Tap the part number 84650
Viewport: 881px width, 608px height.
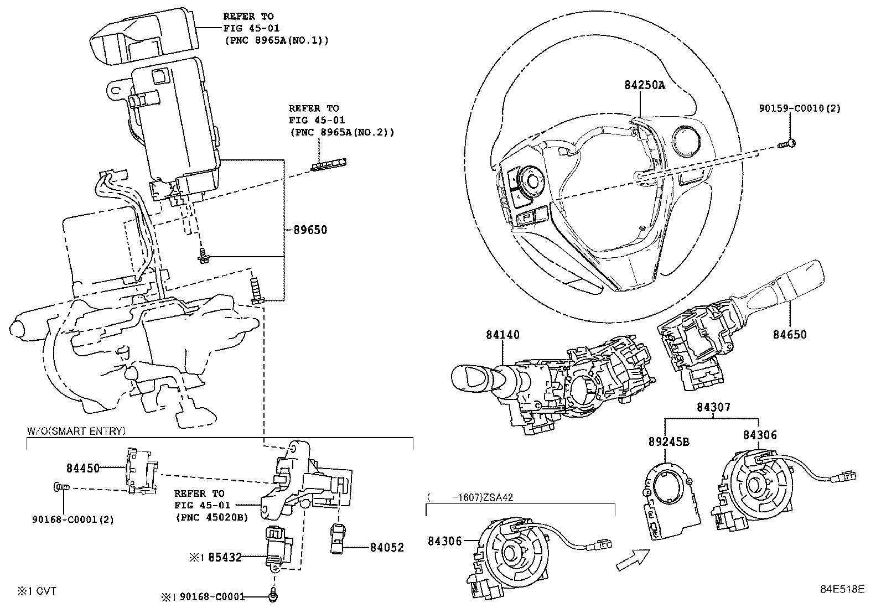[790, 335]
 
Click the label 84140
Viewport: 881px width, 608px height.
[503, 335]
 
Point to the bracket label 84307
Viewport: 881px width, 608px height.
[713, 408]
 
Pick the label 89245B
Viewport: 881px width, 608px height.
[668, 441]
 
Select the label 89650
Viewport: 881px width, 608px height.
[306, 230]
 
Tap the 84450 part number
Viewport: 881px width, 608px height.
[83, 469]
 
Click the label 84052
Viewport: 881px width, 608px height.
[387, 548]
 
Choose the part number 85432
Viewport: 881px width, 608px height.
[224, 558]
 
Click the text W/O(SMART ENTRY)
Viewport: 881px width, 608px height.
[76, 431]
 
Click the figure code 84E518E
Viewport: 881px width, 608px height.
[842, 589]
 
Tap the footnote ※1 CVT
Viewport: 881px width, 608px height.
[36, 591]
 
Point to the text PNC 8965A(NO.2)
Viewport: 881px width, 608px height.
[341, 133]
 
